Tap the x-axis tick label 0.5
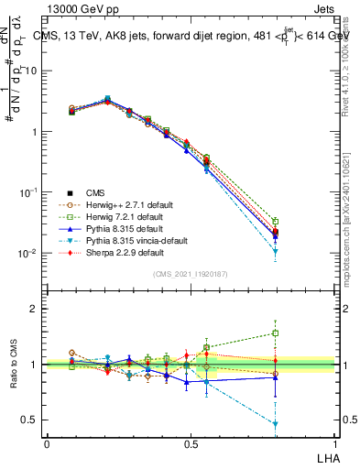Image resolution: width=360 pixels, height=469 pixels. point(190,442)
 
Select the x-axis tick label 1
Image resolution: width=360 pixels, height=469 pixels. point(333,442)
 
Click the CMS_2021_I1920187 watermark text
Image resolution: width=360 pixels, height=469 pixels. point(190,275)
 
